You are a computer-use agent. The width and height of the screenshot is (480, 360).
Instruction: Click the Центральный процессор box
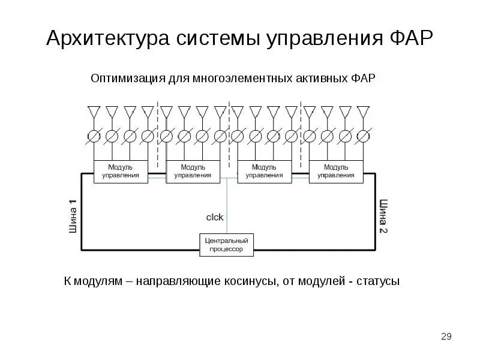(227, 244)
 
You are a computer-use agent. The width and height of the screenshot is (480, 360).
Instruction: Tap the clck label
(215, 218)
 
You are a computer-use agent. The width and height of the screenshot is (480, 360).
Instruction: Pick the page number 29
(446, 337)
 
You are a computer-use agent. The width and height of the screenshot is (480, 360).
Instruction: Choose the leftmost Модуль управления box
(121, 171)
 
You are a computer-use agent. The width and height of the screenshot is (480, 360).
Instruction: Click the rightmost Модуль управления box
(336, 171)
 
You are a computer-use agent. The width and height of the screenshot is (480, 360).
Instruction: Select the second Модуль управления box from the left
(193, 171)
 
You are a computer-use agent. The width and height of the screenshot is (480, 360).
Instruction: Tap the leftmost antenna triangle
(94, 112)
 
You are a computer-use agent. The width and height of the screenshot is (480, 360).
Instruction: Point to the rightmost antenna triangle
(363, 112)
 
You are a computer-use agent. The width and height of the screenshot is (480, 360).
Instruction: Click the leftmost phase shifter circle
(94, 136)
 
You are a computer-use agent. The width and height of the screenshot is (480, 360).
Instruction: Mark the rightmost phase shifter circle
(363, 136)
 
